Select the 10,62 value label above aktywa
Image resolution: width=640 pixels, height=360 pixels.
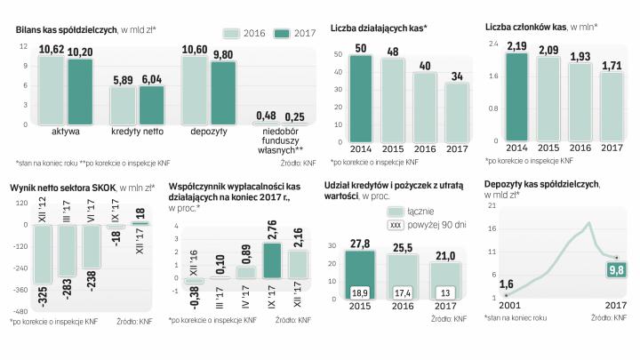tap(52, 49)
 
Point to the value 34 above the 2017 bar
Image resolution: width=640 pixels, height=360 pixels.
tap(458, 75)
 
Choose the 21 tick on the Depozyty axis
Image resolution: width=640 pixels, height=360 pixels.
tap(491, 205)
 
